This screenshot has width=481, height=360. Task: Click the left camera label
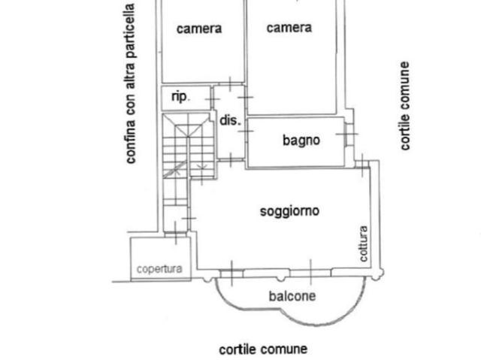(x=199, y=29)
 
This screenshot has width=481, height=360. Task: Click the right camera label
(x=289, y=28)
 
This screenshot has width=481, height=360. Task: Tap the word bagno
(x=301, y=140)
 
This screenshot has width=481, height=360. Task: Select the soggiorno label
(x=289, y=211)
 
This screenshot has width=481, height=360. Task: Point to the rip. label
(x=180, y=97)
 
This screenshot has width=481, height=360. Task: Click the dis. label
(x=228, y=119)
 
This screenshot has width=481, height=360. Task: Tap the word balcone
(x=292, y=296)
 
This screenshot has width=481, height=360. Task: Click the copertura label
(x=159, y=268)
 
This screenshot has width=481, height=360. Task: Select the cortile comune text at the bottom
(x=263, y=349)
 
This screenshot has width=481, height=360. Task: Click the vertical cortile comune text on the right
(x=405, y=106)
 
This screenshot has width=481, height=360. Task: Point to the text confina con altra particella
(x=131, y=83)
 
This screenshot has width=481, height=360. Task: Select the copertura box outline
(x=131, y=259)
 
